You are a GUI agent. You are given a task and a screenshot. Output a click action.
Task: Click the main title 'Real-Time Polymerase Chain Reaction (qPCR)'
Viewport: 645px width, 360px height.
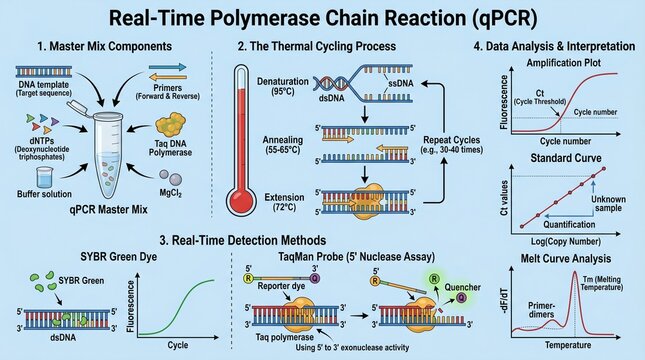coord(322,17)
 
